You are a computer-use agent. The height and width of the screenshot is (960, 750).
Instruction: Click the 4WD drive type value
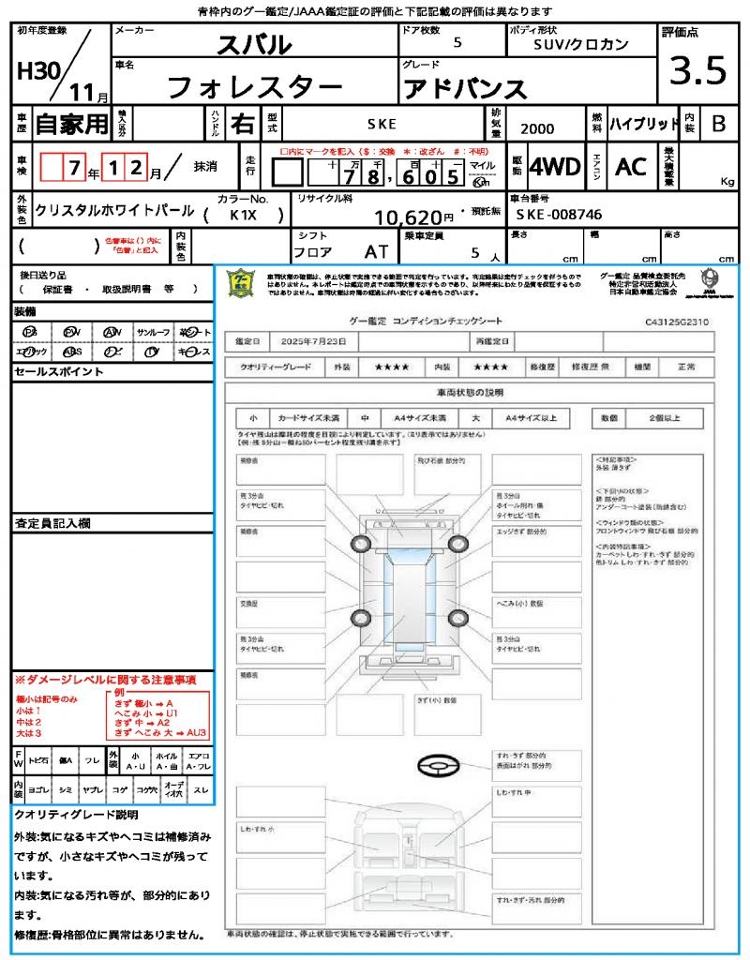[555, 167]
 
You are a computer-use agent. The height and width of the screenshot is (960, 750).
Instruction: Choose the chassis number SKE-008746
[559, 215]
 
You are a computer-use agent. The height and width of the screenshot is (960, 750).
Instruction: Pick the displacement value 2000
[536, 129]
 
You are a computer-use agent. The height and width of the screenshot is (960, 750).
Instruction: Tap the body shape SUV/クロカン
[580, 44]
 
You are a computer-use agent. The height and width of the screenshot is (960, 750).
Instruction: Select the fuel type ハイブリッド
[644, 123]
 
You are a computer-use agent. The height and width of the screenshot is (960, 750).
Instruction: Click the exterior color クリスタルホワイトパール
[114, 211]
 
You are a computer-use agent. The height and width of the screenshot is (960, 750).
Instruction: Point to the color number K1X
[244, 215]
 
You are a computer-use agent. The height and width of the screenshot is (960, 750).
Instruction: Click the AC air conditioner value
[631, 167]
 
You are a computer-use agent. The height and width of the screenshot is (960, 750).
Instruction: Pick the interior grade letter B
[718, 123]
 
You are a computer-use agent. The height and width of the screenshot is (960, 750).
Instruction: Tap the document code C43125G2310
[677, 322]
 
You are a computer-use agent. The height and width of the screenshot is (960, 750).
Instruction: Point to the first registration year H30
[36, 73]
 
